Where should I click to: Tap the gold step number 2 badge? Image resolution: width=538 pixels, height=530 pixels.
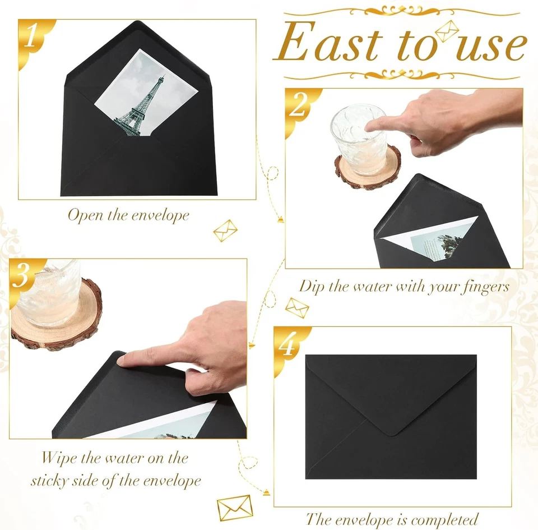(x=298, y=107)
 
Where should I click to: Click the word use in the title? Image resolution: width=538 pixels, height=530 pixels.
(x=491, y=46)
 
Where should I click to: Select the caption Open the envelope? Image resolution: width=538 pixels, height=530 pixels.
(x=128, y=215)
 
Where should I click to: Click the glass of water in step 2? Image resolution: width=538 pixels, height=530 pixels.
(x=358, y=137)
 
